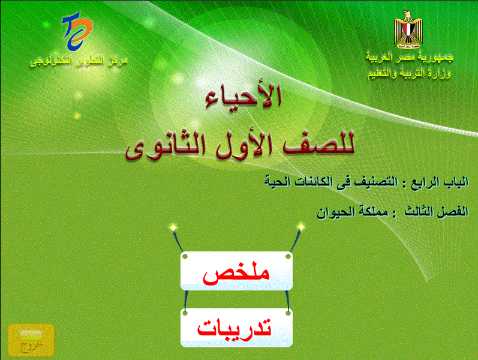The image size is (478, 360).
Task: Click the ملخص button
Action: click(236, 271)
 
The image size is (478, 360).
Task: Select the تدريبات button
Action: click(236, 328)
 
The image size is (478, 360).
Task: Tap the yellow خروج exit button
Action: click(31, 340)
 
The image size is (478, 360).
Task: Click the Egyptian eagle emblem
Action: click(408, 29)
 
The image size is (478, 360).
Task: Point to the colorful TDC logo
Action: click(77, 31)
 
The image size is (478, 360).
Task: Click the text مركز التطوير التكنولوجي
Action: click(79, 61)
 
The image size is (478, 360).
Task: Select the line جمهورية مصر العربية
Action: click(410, 57)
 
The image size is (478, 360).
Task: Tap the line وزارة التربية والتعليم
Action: click(409, 73)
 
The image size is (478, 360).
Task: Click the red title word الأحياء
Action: click(243, 96)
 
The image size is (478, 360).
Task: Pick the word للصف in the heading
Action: click(318, 143)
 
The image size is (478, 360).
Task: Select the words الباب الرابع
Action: click(440, 182)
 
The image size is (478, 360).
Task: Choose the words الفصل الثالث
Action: click(437, 211)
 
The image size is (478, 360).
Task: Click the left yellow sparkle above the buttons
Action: click(173, 227)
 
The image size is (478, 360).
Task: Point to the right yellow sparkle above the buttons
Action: click(300, 226)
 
